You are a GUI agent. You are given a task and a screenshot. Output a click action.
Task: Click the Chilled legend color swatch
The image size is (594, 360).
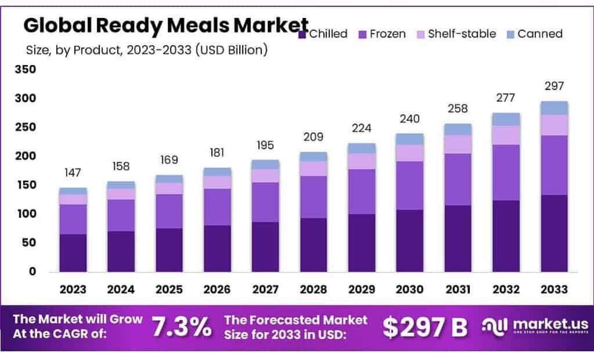303,35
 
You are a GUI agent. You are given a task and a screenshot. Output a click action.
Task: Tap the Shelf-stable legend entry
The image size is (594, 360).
455,34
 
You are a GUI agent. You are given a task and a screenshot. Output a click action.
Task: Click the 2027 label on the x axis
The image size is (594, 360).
265,289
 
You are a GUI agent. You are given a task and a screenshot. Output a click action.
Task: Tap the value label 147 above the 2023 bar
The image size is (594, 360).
73,172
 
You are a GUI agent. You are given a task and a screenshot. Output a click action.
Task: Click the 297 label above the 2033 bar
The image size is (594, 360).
553,86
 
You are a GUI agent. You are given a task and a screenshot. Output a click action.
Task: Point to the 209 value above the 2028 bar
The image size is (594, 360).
313,137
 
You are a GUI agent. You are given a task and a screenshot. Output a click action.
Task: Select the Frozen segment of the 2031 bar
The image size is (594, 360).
458,179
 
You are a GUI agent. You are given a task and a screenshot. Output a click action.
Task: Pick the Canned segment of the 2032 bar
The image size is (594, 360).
506,119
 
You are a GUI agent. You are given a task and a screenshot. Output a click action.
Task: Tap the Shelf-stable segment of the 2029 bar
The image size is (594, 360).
361,161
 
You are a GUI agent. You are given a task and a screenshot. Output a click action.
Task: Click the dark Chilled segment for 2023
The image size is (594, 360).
73,253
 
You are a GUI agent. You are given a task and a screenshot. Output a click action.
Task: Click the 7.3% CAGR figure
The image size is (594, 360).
182,328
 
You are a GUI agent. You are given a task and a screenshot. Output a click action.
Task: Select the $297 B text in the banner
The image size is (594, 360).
425,327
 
